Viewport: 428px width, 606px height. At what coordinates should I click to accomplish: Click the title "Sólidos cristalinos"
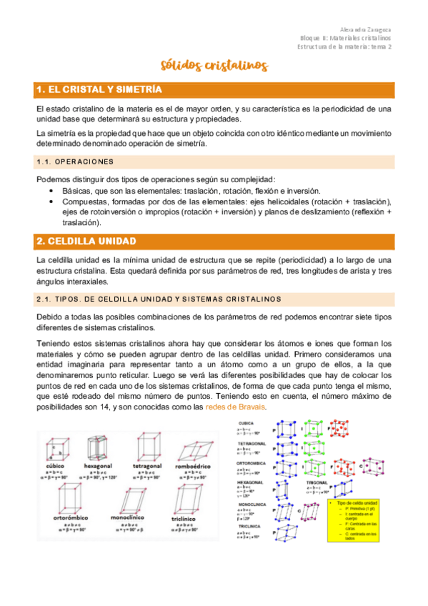click(x=214, y=66)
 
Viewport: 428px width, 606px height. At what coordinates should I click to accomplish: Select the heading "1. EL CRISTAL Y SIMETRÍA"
click(x=99, y=89)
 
